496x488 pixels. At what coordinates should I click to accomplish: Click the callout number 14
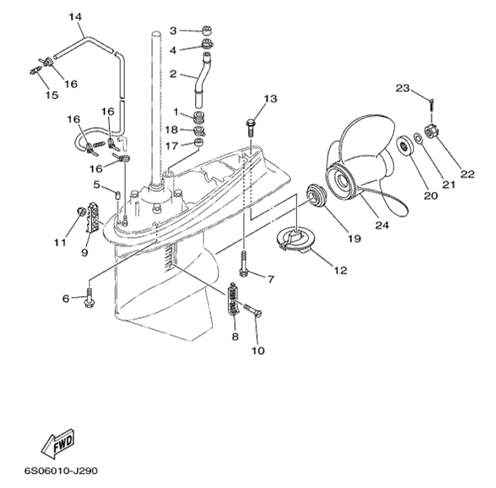[75, 17]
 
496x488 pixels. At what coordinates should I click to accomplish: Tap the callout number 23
[403, 88]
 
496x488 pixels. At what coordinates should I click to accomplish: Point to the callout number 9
[84, 251]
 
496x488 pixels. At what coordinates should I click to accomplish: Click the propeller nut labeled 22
[431, 130]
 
